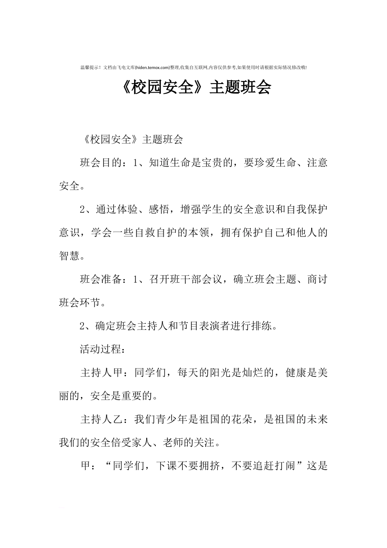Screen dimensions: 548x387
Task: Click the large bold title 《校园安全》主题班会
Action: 196,88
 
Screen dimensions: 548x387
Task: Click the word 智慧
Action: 70,256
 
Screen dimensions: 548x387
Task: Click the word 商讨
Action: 317,280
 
